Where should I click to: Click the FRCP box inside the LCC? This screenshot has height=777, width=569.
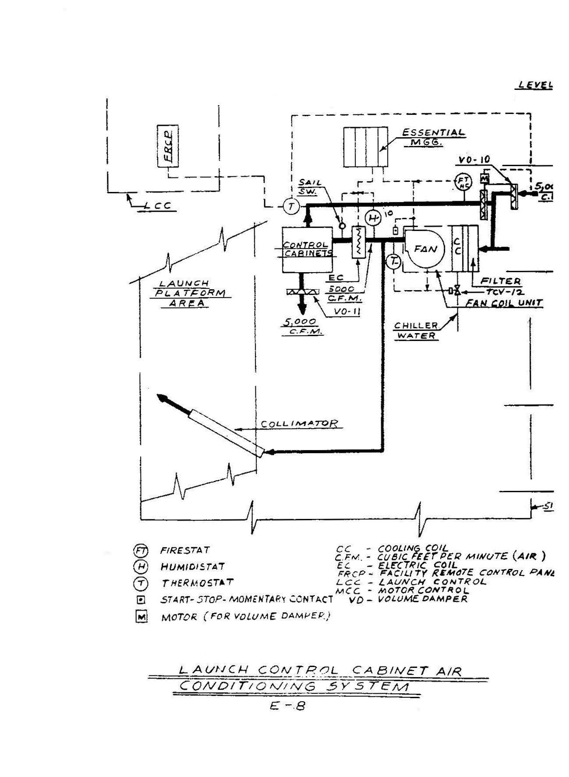click(168, 146)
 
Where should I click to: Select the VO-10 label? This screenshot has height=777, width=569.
click(474, 160)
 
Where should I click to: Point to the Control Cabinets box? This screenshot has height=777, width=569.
click(307, 249)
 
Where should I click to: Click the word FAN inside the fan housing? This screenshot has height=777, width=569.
click(425, 249)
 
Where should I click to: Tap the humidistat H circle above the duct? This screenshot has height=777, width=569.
click(373, 217)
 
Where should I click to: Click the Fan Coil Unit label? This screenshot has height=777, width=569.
click(504, 303)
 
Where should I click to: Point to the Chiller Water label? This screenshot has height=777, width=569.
click(416, 331)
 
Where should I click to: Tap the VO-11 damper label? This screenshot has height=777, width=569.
click(346, 312)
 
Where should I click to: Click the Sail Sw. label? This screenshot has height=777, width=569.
click(310, 187)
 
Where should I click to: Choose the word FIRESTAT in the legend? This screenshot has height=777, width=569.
click(185, 550)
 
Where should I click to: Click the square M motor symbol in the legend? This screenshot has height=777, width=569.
click(141, 617)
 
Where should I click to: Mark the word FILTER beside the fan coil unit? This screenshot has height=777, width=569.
click(501, 281)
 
